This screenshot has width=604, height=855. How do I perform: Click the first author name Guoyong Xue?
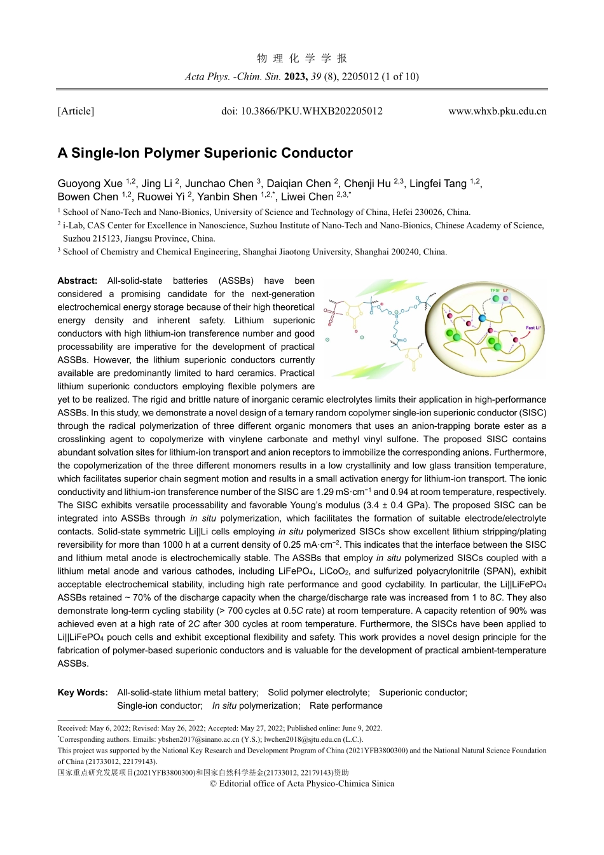[90, 184]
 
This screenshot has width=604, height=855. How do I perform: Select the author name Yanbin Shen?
[227, 197]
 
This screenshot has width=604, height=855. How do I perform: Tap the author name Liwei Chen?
[307, 197]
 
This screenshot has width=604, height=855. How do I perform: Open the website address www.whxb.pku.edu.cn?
[497, 111]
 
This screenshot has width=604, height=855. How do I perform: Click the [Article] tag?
[76, 111]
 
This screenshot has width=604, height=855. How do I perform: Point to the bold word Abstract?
[78, 281]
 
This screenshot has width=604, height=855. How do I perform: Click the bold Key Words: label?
[83, 692]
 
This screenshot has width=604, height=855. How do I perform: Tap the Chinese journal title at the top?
[302, 59]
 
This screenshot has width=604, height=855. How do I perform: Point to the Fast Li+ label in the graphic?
[533, 328]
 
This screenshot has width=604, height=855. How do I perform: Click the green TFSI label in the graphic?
[495, 291]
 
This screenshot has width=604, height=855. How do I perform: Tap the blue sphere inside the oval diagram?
[482, 317]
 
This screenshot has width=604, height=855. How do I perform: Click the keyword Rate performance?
[346, 706]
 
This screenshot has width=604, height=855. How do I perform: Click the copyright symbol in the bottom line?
[213, 784]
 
